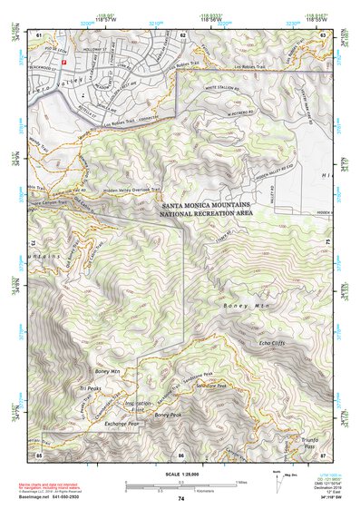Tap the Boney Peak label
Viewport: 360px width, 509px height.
(x=168, y=415)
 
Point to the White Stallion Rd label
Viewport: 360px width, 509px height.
(x=225, y=87)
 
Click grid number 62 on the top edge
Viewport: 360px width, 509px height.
(x=182, y=34)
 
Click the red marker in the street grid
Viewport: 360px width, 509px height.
(x=64, y=59)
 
